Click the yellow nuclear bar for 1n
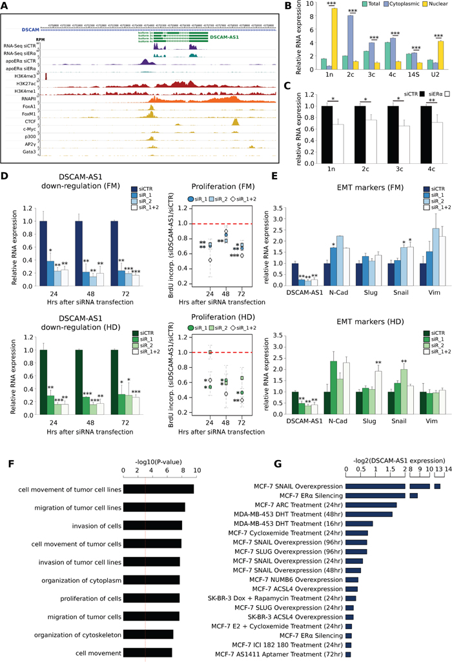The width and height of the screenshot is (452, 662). (x=298, y=39)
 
